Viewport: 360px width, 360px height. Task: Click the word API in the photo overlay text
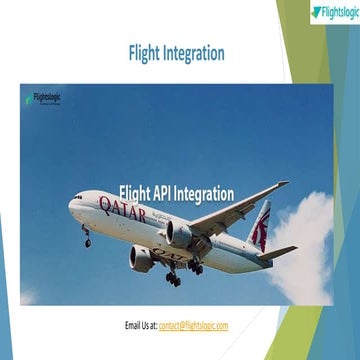pyautogui.click(x=161, y=193)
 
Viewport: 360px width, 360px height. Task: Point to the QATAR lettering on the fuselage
pyautogui.click(x=123, y=211)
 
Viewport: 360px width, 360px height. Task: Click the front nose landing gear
pyautogui.click(x=87, y=239)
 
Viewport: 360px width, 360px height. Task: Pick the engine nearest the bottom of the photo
pyautogui.click(x=143, y=259)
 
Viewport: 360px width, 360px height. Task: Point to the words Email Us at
pyautogui.click(x=141, y=326)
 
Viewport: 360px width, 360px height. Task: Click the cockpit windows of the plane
pyautogui.click(x=79, y=198)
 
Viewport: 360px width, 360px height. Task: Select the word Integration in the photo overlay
pyautogui.click(x=205, y=193)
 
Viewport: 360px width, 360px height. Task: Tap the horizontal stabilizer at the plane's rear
pyautogui.click(x=275, y=251)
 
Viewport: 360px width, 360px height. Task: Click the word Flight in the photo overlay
pyautogui.click(x=133, y=193)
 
